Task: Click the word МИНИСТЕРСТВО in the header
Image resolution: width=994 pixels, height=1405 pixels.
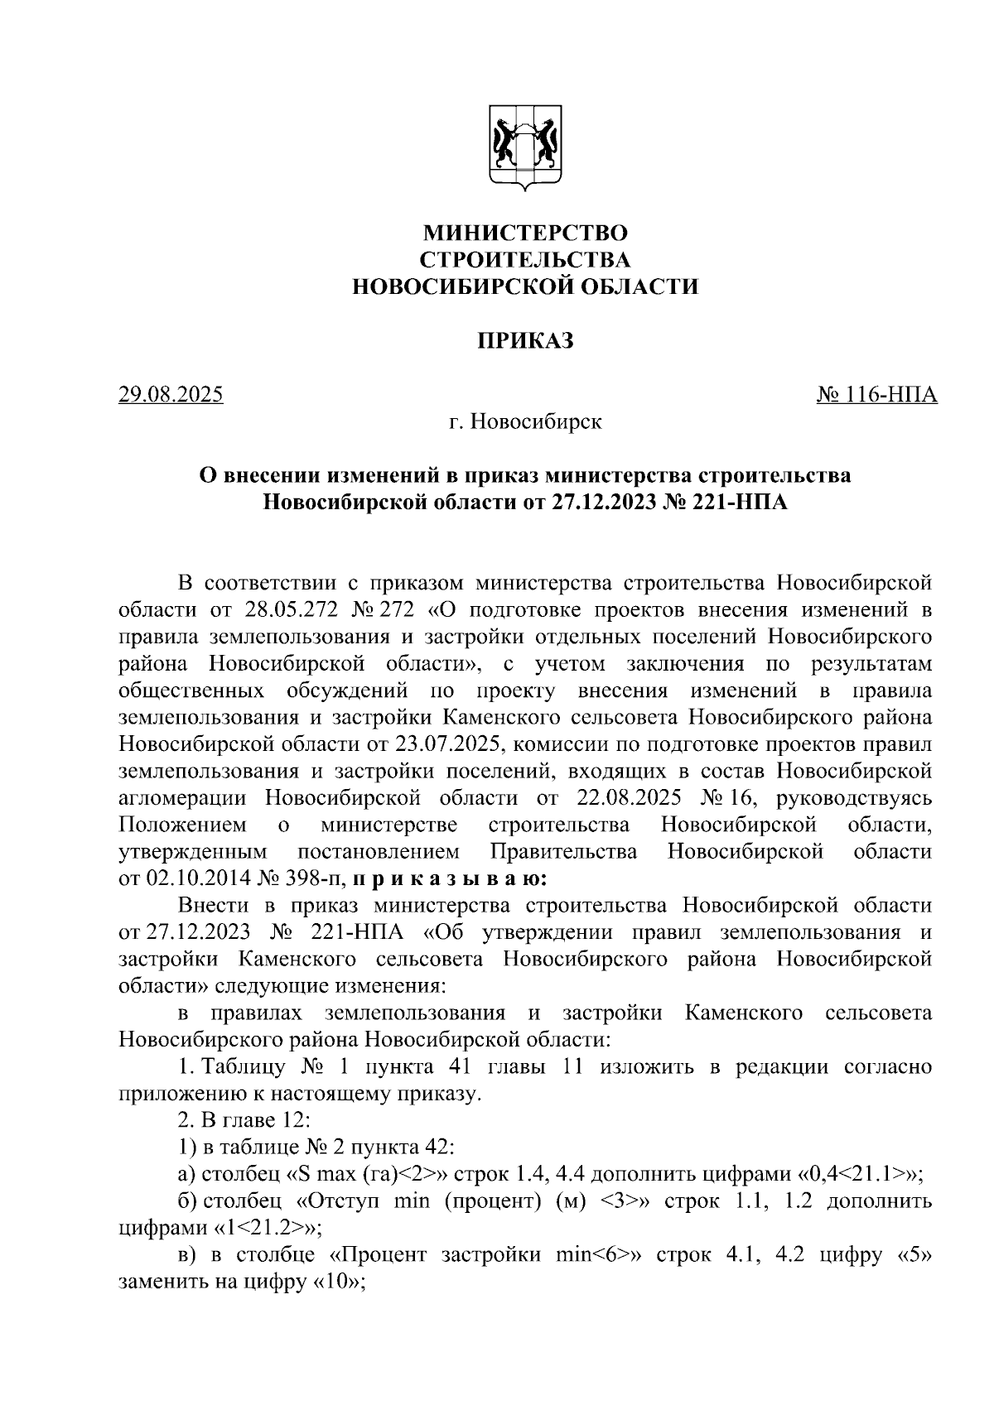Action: (x=525, y=233)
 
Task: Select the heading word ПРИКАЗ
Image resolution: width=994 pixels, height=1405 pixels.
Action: (x=525, y=341)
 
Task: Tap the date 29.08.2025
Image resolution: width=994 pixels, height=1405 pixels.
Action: (x=171, y=394)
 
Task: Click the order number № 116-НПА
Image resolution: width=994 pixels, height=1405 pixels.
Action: (x=877, y=394)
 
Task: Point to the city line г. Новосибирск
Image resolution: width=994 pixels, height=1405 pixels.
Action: (x=525, y=422)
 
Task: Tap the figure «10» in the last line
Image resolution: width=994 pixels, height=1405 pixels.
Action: (x=341, y=1281)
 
